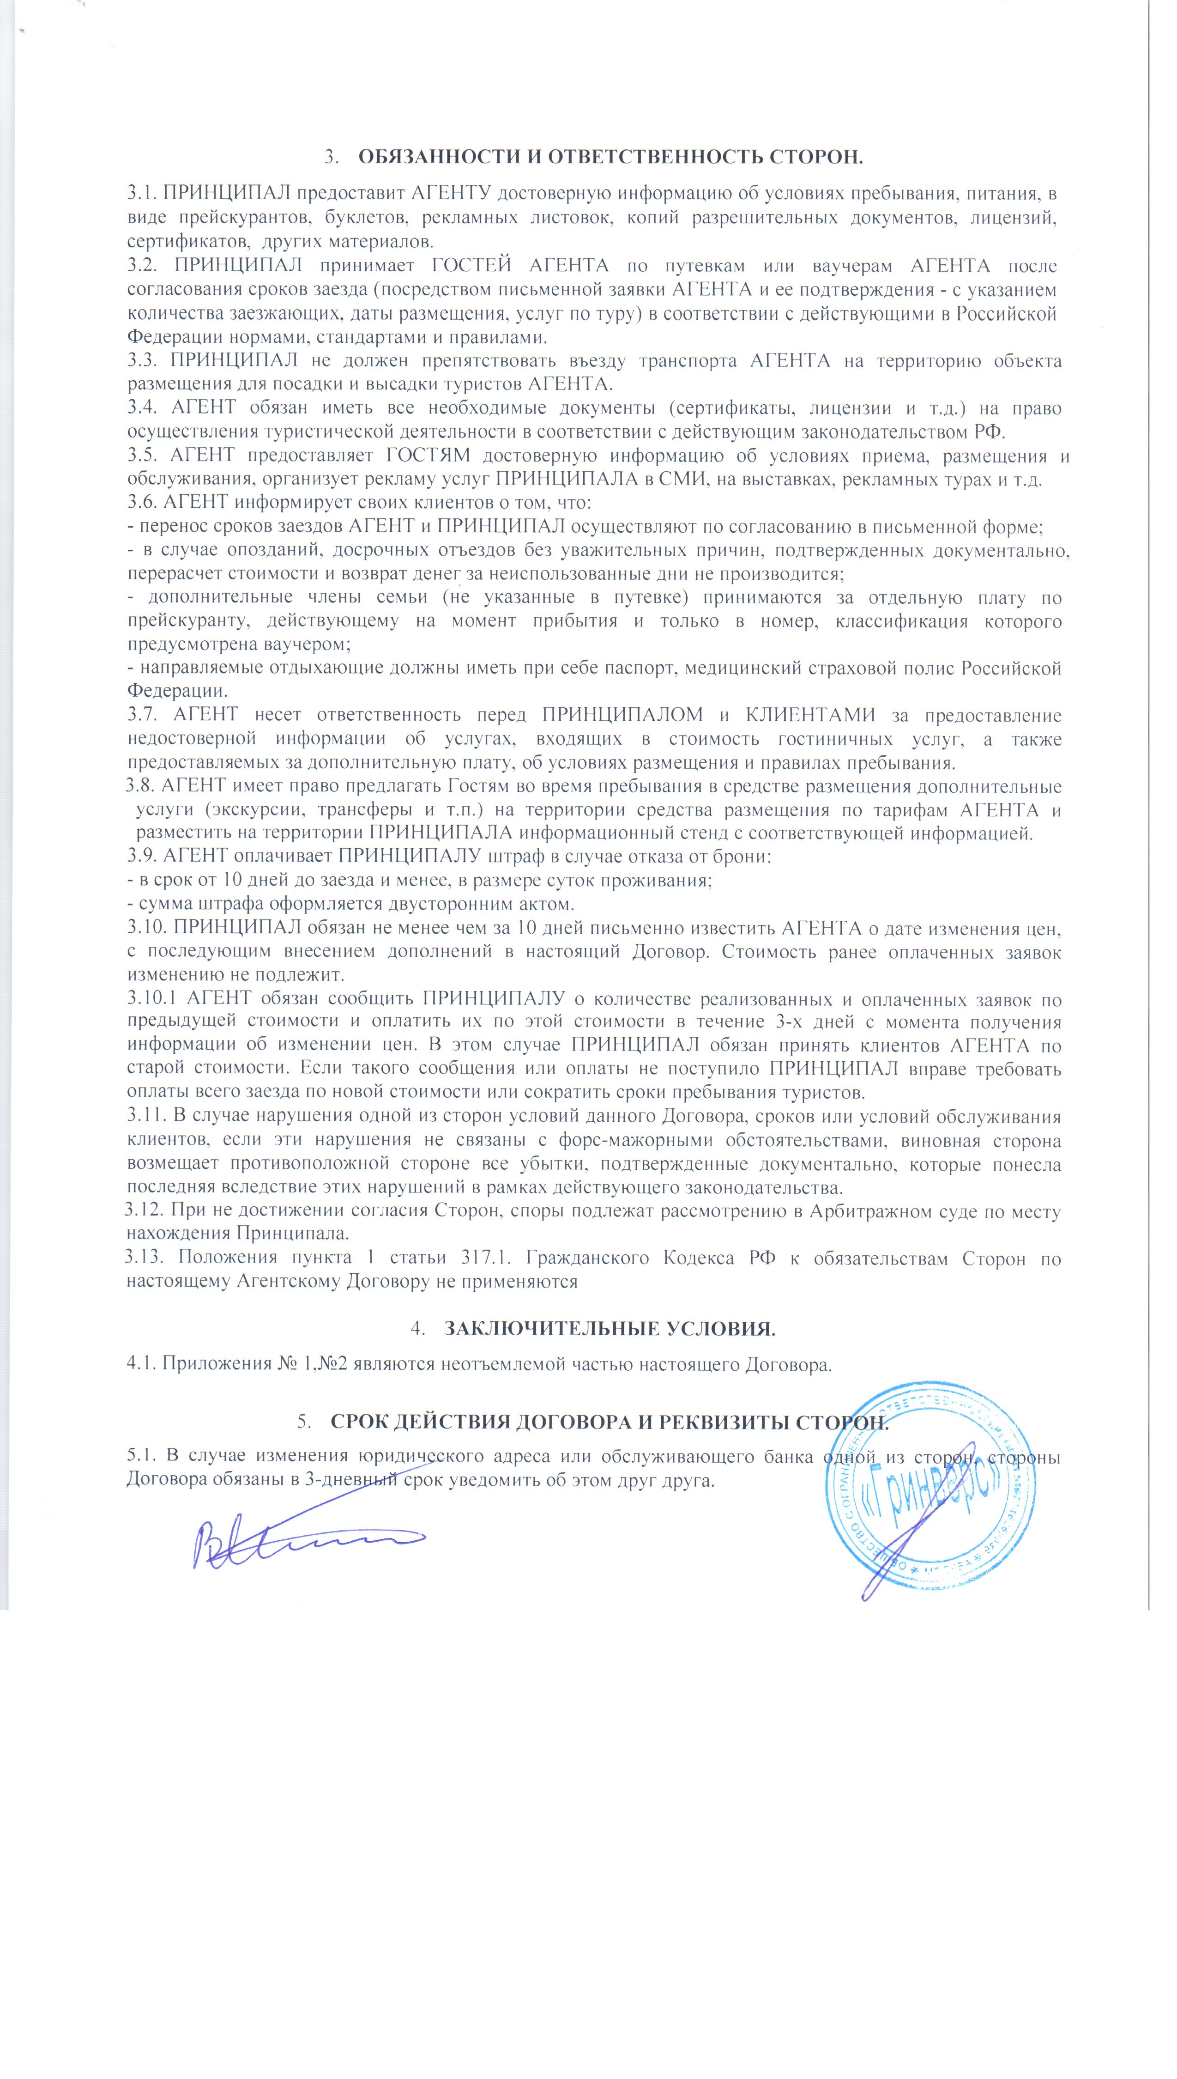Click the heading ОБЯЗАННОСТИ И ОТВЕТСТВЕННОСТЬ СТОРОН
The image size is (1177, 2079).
(610, 157)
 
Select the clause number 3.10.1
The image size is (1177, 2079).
(157, 999)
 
